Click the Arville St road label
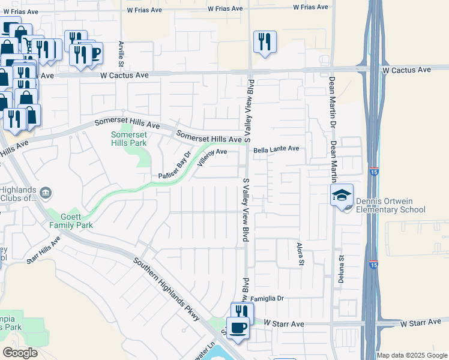pyautogui.click(x=121, y=52)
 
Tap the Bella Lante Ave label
pyautogui.click(x=276, y=148)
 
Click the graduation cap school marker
pyautogui.click(x=342, y=196)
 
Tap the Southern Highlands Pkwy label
pyautogui.click(x=166, y=289)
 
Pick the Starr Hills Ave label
pyautogui.click(x=43, y=250)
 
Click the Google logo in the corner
pyautogui.click(x=20, y=353)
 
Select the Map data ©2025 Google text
pyautogui.click(x=411, y=355)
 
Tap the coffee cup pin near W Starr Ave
pyautogui.click(x=238, y=328)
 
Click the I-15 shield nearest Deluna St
pyautogui.click(x=373, y=264)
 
